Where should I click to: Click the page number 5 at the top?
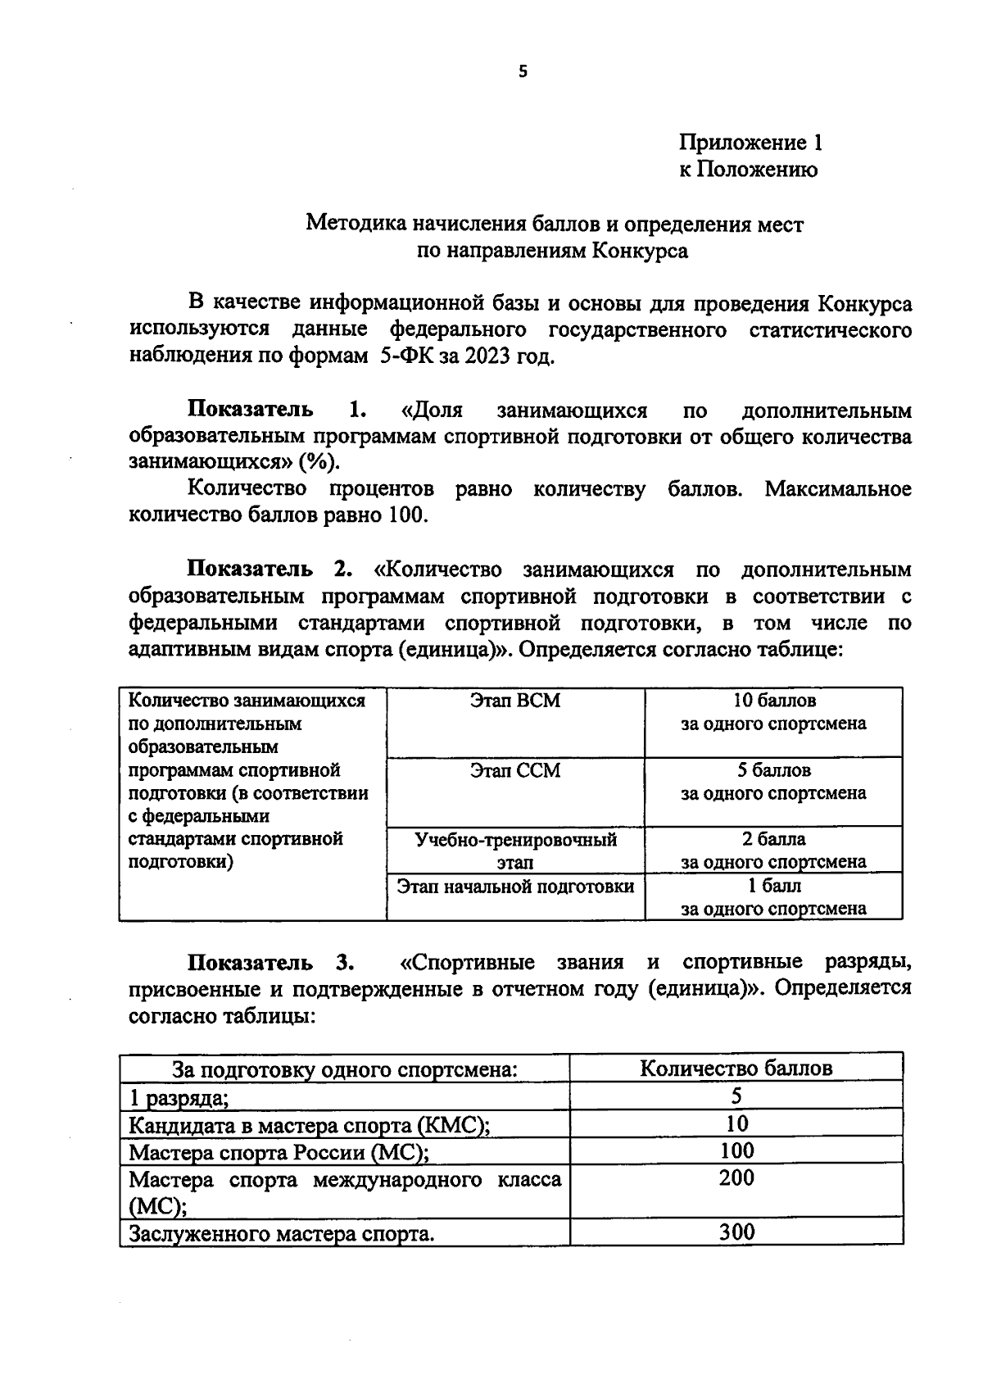click(523, 71)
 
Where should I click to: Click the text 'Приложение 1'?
click(750, 143)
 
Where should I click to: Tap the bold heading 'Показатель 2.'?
click(270, 569)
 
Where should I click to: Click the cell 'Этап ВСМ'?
click(515, 701)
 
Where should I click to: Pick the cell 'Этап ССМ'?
click(515, 770)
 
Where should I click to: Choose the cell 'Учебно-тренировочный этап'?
click(515, 851)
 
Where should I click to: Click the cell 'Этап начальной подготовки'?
click(515, 887)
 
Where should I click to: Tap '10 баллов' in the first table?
click(773, 701)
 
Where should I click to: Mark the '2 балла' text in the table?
click(773, 839)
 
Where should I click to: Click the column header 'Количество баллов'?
click(736, 1069)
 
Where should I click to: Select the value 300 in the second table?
click(736, 1232)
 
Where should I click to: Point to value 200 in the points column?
click(736, 1178)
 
